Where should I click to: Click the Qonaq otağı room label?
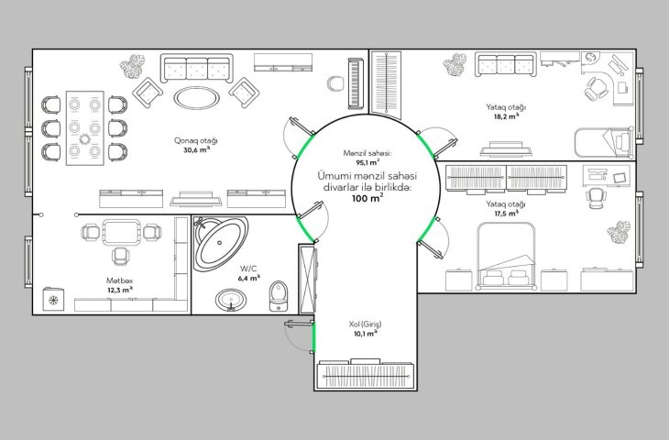196,140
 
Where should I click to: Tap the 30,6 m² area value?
197,150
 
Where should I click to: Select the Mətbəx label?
120,280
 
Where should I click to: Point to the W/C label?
248,269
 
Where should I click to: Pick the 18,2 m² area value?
507,116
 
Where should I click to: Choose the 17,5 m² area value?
507,214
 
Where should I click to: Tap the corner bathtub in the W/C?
221,243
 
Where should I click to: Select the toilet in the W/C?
279,296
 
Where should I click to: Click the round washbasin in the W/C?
231,299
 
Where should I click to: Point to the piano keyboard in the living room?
356,83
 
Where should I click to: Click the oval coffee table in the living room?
197,98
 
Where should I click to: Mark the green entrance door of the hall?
314,336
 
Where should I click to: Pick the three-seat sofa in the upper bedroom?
506,65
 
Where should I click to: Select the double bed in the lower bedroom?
507,257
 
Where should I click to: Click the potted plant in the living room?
133,66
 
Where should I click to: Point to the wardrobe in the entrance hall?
366,374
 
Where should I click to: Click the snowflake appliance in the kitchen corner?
53,300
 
